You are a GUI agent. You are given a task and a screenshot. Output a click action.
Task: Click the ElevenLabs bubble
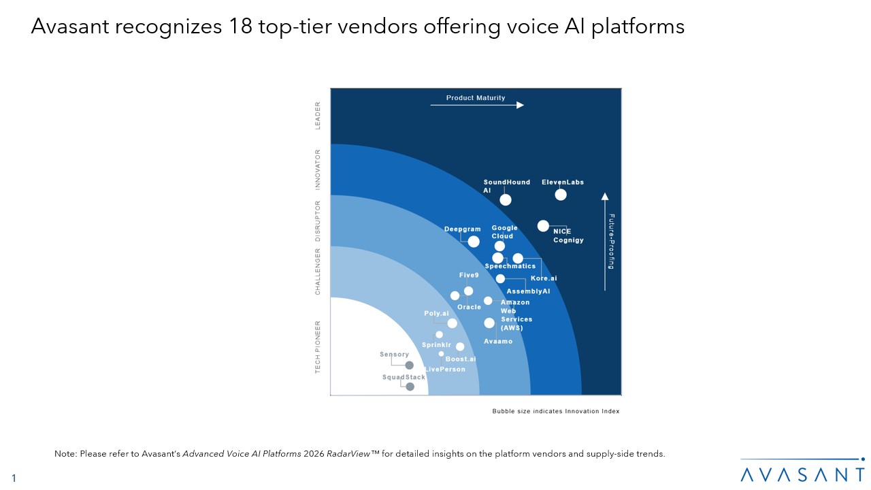point(561,195)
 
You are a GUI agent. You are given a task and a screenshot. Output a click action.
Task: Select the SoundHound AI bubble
point(506,199)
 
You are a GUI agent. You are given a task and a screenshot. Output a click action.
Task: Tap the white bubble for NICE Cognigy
point(543,225)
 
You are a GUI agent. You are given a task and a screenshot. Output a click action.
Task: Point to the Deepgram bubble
point(474,242)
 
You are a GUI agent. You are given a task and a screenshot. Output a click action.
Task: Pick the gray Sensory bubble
point(409,365)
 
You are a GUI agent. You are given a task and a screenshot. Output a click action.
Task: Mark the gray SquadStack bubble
point(410,387)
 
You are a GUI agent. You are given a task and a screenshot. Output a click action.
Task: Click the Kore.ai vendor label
point(544,278)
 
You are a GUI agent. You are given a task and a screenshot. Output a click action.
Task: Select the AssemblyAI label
point(528,291)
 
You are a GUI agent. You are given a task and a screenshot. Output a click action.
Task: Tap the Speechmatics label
point(510,266)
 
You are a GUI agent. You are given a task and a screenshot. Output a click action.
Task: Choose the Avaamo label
point(498,341)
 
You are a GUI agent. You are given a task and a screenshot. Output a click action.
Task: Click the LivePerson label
point(445,369)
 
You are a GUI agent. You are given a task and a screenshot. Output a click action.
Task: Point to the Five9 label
point(469,275)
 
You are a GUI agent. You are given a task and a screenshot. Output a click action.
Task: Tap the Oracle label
point(470,307)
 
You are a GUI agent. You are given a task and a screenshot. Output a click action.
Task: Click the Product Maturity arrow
point(476,105)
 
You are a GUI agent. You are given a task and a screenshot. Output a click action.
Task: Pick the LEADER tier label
point(318,115)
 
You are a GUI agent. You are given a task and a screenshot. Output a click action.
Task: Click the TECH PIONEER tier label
point(318,347)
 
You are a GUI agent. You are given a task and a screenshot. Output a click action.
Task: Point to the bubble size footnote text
point(556,411)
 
